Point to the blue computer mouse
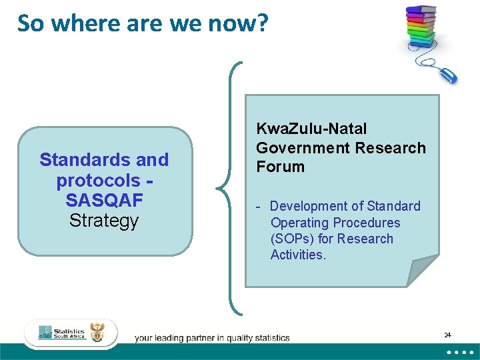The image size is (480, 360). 447,74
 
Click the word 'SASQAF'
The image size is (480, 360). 103,200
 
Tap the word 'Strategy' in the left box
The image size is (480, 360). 103,220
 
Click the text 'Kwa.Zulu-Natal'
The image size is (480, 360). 311,129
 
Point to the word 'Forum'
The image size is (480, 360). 280,167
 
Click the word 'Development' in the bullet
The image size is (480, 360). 307,206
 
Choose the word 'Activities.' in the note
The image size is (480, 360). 298,255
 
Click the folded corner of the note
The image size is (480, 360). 422,271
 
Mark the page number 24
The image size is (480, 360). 447,334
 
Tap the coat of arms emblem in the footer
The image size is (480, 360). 97,333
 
